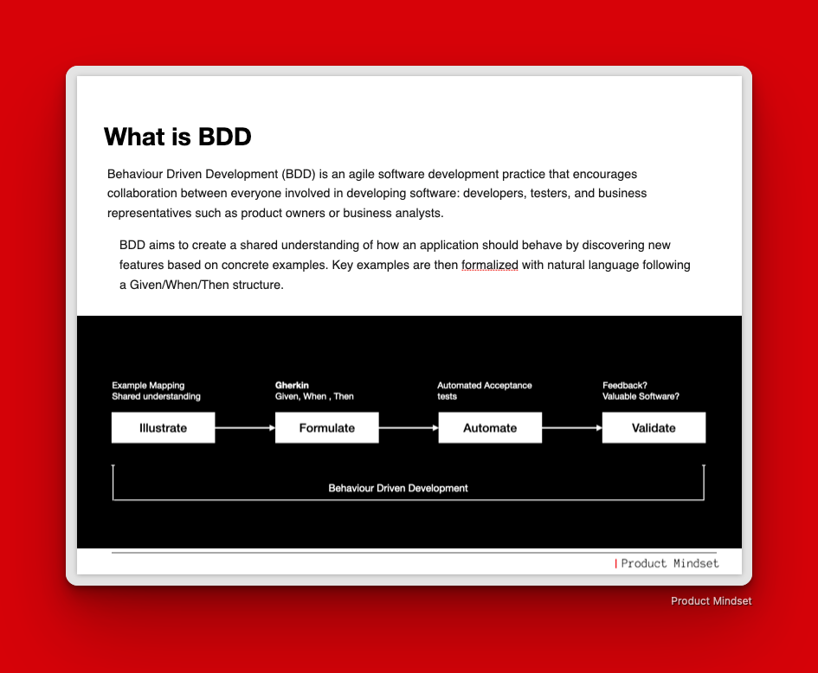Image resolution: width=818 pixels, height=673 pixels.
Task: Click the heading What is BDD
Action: [x=177, y=137]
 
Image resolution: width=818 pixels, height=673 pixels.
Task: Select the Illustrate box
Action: [x=164, y=427]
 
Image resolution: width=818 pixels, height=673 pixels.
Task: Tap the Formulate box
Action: [x=327, y=427]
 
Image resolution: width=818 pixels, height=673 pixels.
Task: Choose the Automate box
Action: [x=491, y=427]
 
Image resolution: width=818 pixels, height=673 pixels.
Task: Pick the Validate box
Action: [x=654, y=427]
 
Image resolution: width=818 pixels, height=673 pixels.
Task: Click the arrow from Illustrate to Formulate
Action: [x=245, y=428]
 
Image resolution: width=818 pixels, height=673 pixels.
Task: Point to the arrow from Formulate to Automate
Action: [x=409, y=428]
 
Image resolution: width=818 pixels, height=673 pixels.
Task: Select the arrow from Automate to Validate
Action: [x=572, y=428]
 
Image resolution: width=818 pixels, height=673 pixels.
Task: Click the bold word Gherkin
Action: [x=293, y=385]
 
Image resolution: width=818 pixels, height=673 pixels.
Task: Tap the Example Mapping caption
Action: [x=148, y=385]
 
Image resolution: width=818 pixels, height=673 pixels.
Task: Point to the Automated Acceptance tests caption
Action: [x=485, y=391]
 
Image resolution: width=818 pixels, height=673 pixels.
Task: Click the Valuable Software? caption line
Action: [x=641, y=396]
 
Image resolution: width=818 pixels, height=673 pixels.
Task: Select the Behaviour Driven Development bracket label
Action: [x=398, y=488]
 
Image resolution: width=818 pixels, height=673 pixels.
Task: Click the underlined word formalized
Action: [x=490, y=265]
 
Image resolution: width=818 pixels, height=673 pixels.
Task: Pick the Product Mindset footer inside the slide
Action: [x=670, y=563]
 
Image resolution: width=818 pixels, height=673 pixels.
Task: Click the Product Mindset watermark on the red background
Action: [x=711, y=601]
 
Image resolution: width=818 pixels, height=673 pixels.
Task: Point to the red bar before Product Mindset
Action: [x=616, y=563]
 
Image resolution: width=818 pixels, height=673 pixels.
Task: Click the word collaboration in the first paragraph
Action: [x=143, y=194]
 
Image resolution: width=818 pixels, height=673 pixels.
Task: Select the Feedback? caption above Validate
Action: [x=625, y=385]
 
